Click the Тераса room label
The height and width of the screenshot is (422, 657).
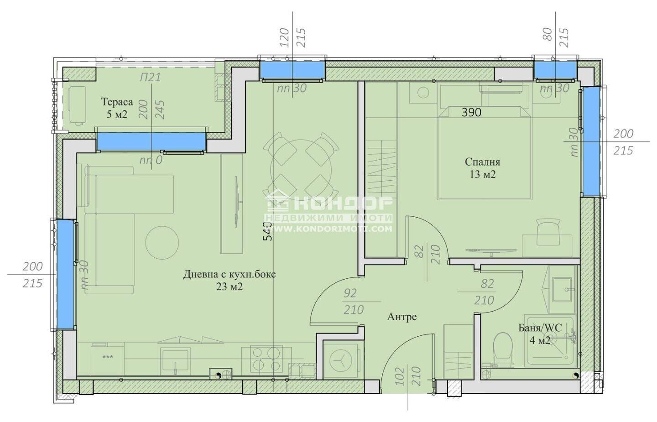point(117,102)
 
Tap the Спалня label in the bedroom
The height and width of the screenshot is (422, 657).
point(483,162)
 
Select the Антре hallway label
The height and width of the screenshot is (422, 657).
point(402,317)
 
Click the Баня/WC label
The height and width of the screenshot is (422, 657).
point(540,328)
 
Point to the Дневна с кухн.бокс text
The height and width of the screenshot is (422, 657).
point(229,275)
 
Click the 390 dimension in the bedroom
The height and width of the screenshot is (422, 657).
point(471,112)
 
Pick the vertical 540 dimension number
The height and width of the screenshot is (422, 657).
point(267,231)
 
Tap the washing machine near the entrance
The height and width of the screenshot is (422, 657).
point(340,360)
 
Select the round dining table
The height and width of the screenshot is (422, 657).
point(301,166)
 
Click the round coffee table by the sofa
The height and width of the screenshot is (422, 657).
point(162,242)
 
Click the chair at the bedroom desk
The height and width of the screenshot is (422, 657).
point(548,231)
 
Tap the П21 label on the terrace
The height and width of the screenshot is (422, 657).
point(151,78)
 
